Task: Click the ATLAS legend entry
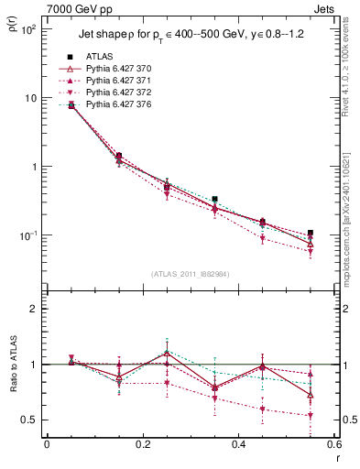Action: [102, 57]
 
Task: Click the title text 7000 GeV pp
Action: [69, 7]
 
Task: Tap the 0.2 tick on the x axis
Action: [142, 446]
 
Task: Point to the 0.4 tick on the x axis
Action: [238, 446]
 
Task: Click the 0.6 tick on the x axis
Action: [332, 446]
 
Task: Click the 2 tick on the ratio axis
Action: [34, 309]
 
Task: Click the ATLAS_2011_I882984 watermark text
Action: [190, 274]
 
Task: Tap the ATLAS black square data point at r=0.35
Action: [214, 199]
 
